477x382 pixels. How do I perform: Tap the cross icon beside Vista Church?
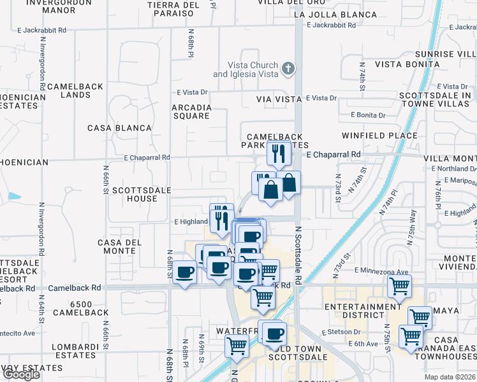[288, 67]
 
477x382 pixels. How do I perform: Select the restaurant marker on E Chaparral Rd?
[279, 152]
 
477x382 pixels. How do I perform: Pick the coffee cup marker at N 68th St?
[185, 272]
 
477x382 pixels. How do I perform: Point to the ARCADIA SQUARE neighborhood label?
[191, 111]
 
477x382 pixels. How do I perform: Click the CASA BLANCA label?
[120, 128]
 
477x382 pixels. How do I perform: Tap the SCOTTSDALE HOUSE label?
[134, 194]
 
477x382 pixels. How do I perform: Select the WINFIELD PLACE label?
[379, 136]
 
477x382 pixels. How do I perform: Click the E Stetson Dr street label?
[342, 332]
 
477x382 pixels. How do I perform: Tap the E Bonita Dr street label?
[368, 115]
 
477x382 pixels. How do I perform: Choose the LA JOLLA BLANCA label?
[333, 14]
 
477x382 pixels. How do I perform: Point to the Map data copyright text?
[450, 377]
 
